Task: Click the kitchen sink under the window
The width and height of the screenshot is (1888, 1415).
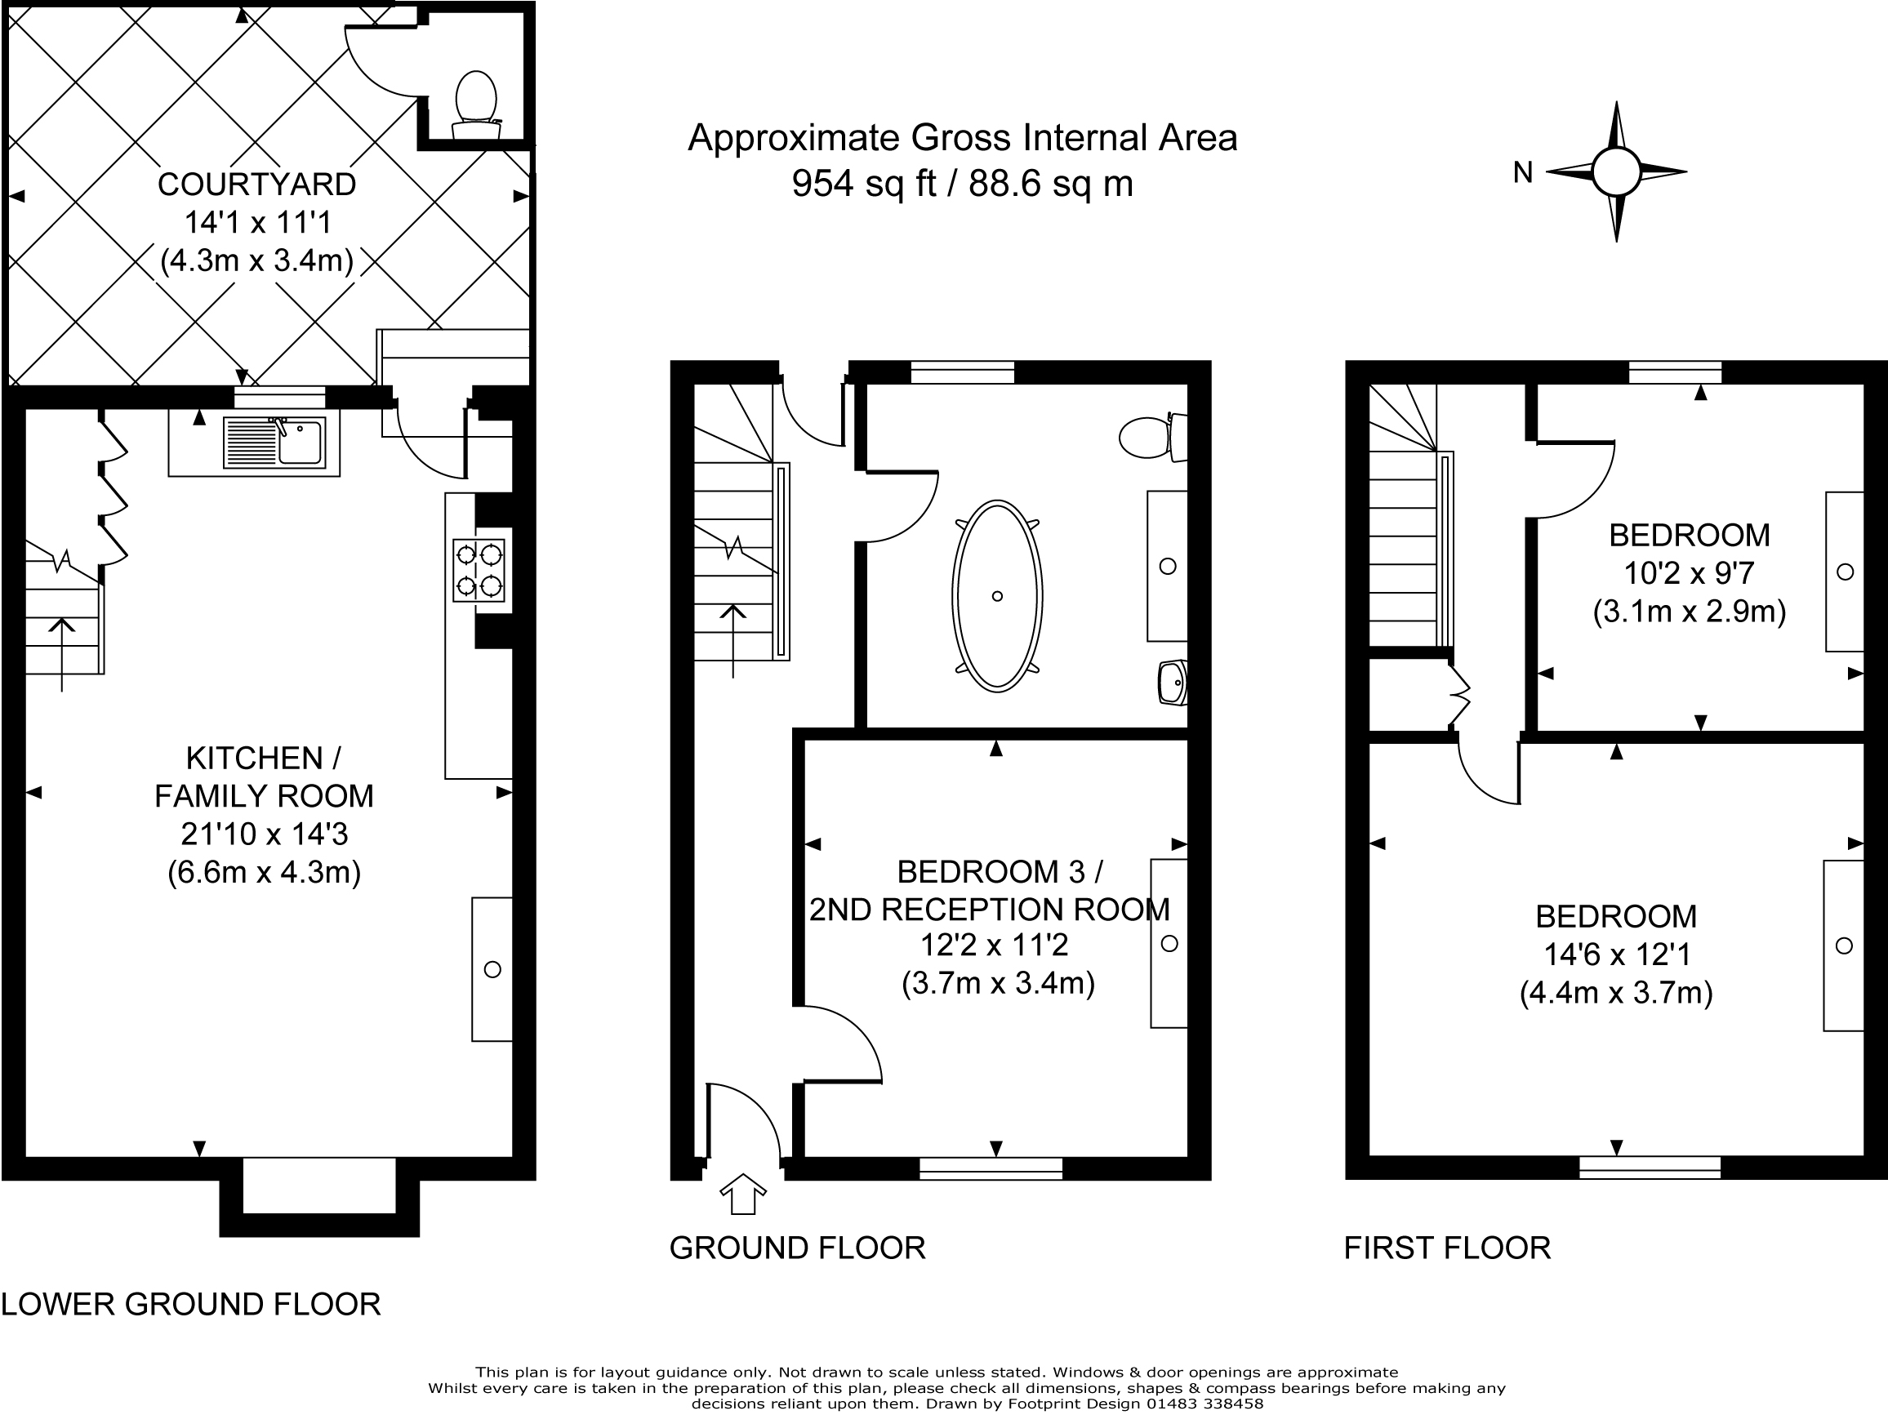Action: [x=275, y=443]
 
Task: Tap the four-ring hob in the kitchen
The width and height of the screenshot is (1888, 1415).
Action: [x=478, y=570]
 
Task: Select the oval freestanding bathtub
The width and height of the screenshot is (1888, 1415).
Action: [x=997, y=596]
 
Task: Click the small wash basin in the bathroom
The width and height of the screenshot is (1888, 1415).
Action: [x=1173, y=682]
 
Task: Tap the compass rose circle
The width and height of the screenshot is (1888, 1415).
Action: [x=1616, y=171]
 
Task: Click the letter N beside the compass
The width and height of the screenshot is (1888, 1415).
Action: [x=1523, y=173]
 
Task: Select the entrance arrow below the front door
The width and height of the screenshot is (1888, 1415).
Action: [x=742, y=1193]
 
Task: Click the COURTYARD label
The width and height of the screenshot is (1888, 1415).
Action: [x=256, y=185]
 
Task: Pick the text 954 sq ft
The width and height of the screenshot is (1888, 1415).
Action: [x=864, y=184]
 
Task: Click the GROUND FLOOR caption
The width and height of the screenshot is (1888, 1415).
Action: [x=797, y=1248]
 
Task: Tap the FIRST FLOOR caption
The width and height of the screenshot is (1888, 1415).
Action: [x=1447, y=1248]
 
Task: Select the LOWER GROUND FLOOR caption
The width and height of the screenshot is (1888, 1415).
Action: [x=190, y=1304]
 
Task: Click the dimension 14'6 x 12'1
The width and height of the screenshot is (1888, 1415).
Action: [x=1617, y=954]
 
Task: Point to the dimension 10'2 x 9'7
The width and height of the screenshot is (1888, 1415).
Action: [x=1688, y=573]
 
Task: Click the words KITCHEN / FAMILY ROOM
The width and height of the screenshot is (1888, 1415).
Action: [x=264, y=776]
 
